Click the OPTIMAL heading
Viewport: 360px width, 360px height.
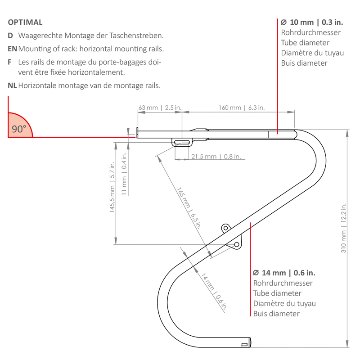(x=25, y=22)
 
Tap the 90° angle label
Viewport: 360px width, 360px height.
(x=19, y=129)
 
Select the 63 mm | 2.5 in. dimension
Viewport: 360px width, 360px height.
(x=160, y=108)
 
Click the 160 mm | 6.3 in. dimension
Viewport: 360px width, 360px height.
(x=242, y=108)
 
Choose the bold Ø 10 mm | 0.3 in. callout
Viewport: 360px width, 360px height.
(x=311, y=22)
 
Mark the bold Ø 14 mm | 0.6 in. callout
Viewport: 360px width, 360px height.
(x=284, y=273)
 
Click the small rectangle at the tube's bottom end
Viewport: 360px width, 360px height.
(x=244, y=345)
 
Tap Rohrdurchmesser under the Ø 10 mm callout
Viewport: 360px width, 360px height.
(x=310, y=32)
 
